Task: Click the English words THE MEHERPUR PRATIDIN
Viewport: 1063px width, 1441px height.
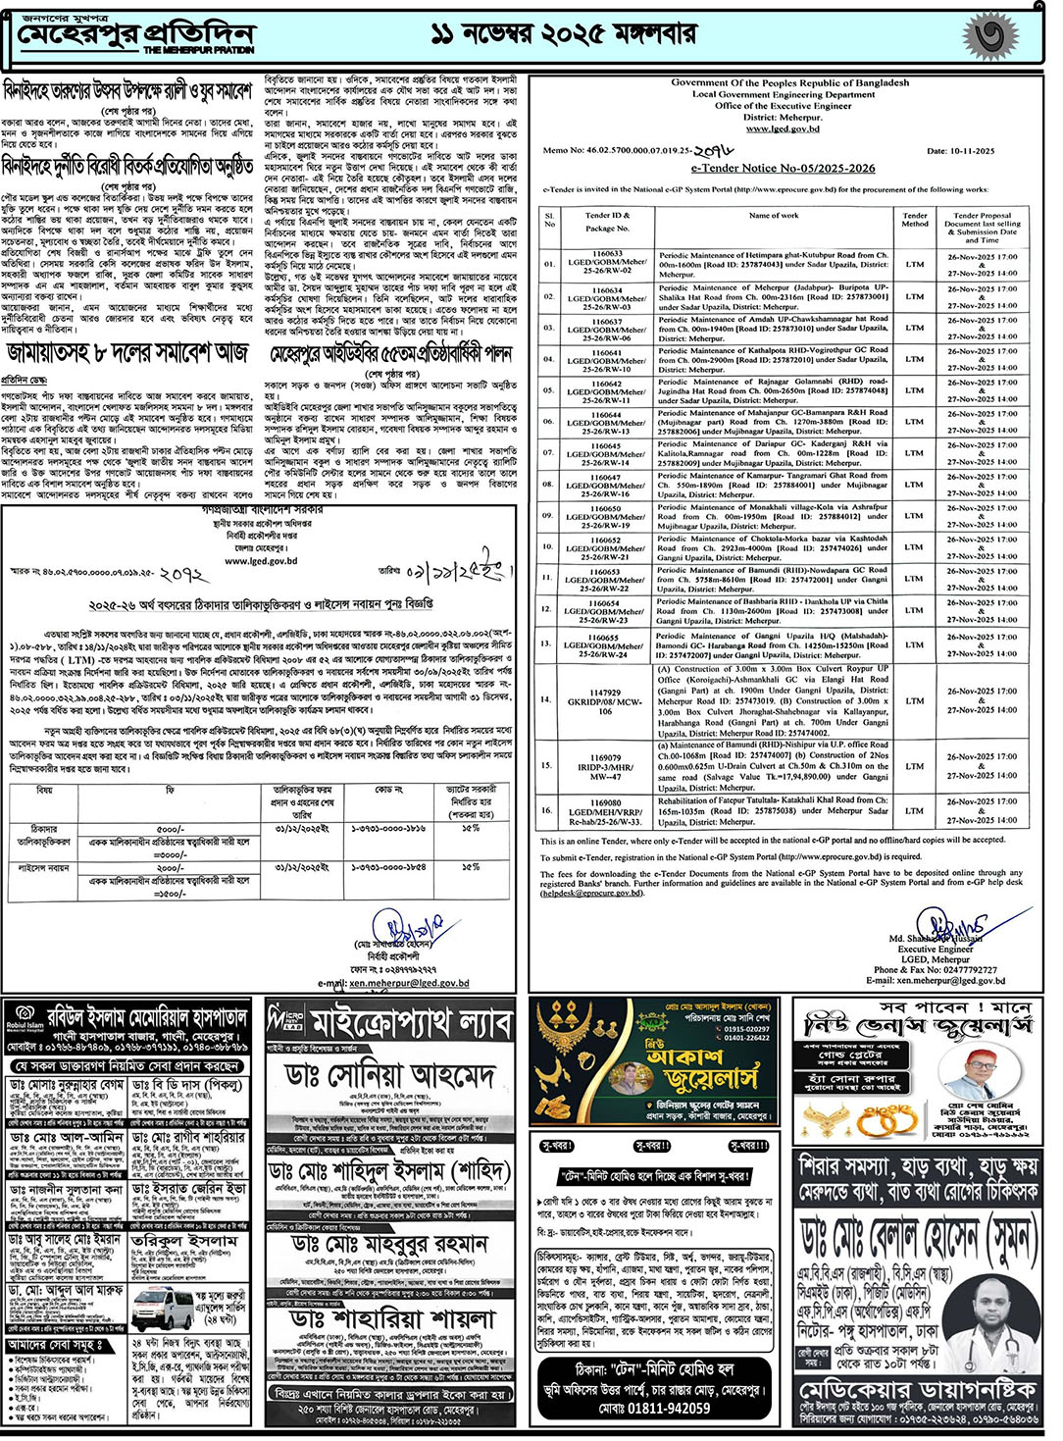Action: coord(199,49)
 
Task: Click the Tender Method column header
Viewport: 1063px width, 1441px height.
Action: coord(914,220)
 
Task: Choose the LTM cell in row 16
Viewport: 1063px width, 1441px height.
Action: coord(914,811)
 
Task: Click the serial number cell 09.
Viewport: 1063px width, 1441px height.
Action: coord(548,516)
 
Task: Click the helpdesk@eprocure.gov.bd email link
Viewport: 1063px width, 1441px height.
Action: coord(586,893)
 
